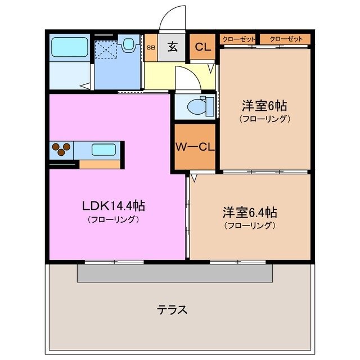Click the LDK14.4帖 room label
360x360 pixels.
114,206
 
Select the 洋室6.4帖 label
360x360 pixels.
249,213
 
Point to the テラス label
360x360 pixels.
172,309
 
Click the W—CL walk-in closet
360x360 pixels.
194,147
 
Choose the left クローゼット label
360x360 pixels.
238,39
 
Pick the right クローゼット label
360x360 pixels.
285,39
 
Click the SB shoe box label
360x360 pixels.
150,48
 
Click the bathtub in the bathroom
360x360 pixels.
69,47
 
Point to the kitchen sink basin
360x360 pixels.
103,150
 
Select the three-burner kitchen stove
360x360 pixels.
62,150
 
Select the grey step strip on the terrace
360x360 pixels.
175,273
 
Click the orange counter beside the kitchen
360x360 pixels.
100,165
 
